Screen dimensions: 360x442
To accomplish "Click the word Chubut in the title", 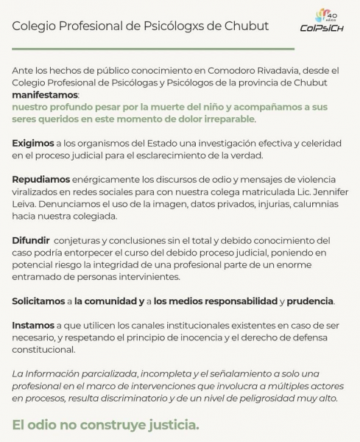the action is point(246,26).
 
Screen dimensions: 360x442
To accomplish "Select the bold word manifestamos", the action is point(45,95).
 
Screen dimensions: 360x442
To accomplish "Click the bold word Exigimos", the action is point(33,143).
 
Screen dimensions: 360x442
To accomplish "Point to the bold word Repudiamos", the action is point(41,179).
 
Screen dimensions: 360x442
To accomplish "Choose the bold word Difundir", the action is point(31,240).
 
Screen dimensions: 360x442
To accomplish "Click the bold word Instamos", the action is point(33,325).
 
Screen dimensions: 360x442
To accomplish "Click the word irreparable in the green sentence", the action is point(225,119).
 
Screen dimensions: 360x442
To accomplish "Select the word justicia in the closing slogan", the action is point(170,426).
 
